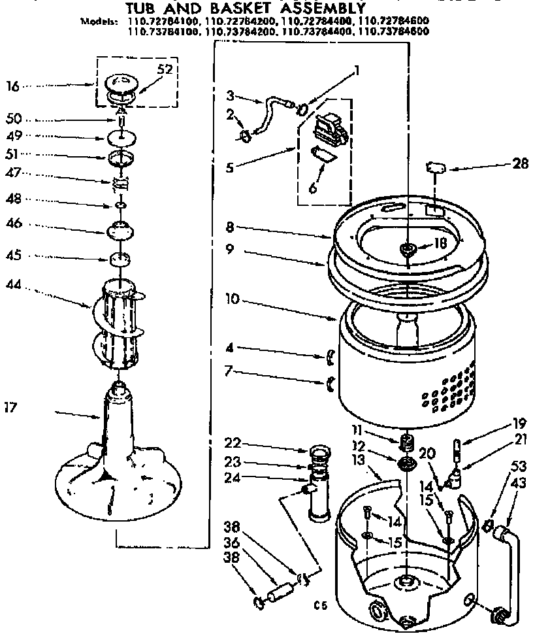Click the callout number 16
coord(12,85)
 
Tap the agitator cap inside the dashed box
coord(121,86)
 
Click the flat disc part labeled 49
coord(121,138)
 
